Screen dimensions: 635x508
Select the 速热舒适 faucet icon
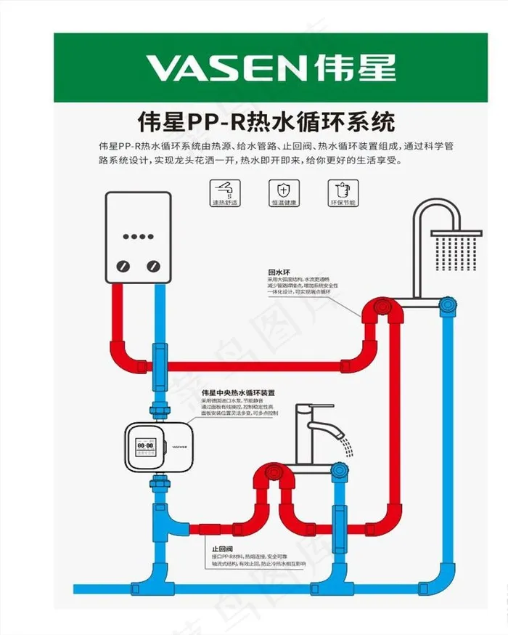tap(225, 190)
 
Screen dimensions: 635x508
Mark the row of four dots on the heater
tap(138, 236)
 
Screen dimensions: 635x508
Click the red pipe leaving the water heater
tap(118, 320)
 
